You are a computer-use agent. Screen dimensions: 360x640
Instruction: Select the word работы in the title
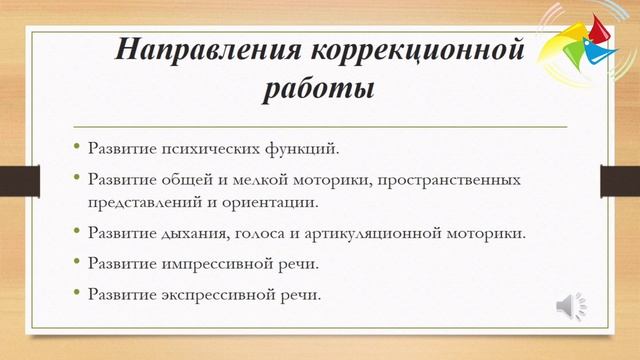319,89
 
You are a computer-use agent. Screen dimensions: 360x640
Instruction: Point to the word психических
206,150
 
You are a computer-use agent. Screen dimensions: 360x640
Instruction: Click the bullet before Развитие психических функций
76,150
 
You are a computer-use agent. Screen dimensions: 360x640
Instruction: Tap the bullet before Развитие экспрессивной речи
76,295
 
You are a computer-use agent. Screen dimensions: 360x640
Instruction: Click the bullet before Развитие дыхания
76,233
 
